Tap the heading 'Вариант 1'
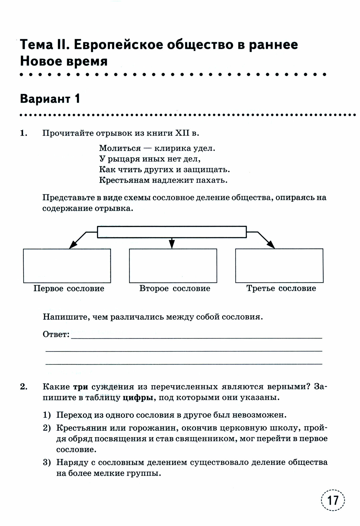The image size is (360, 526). click(50, 99)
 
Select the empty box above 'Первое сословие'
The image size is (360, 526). click(67, 266)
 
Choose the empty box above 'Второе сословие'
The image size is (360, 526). click(173, 266)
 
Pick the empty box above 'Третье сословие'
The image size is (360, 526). click(279, 266)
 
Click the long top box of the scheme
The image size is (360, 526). click(172, 232)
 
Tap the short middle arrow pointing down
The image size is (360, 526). click(172, 243)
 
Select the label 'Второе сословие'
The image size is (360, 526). click(175, 289)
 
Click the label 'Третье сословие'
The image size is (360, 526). click(281, 288)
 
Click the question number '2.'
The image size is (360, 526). click(24, 387)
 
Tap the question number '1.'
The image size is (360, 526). click(24, 133)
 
